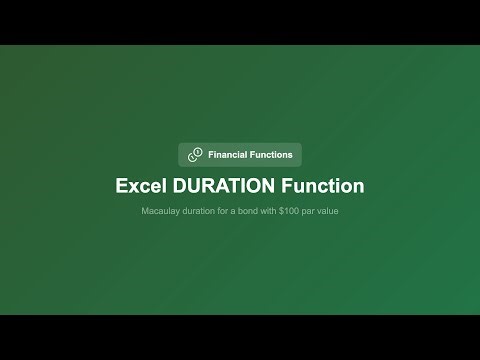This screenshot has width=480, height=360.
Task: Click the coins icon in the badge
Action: [x=194, y=155]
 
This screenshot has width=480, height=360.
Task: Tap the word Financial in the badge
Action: [x=230, y=155]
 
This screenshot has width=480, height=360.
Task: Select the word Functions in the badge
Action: [x=273, y=155]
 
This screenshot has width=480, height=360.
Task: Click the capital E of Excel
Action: [x=122, y=186]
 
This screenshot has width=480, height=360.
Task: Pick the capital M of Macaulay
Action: [x=146, y=213]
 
